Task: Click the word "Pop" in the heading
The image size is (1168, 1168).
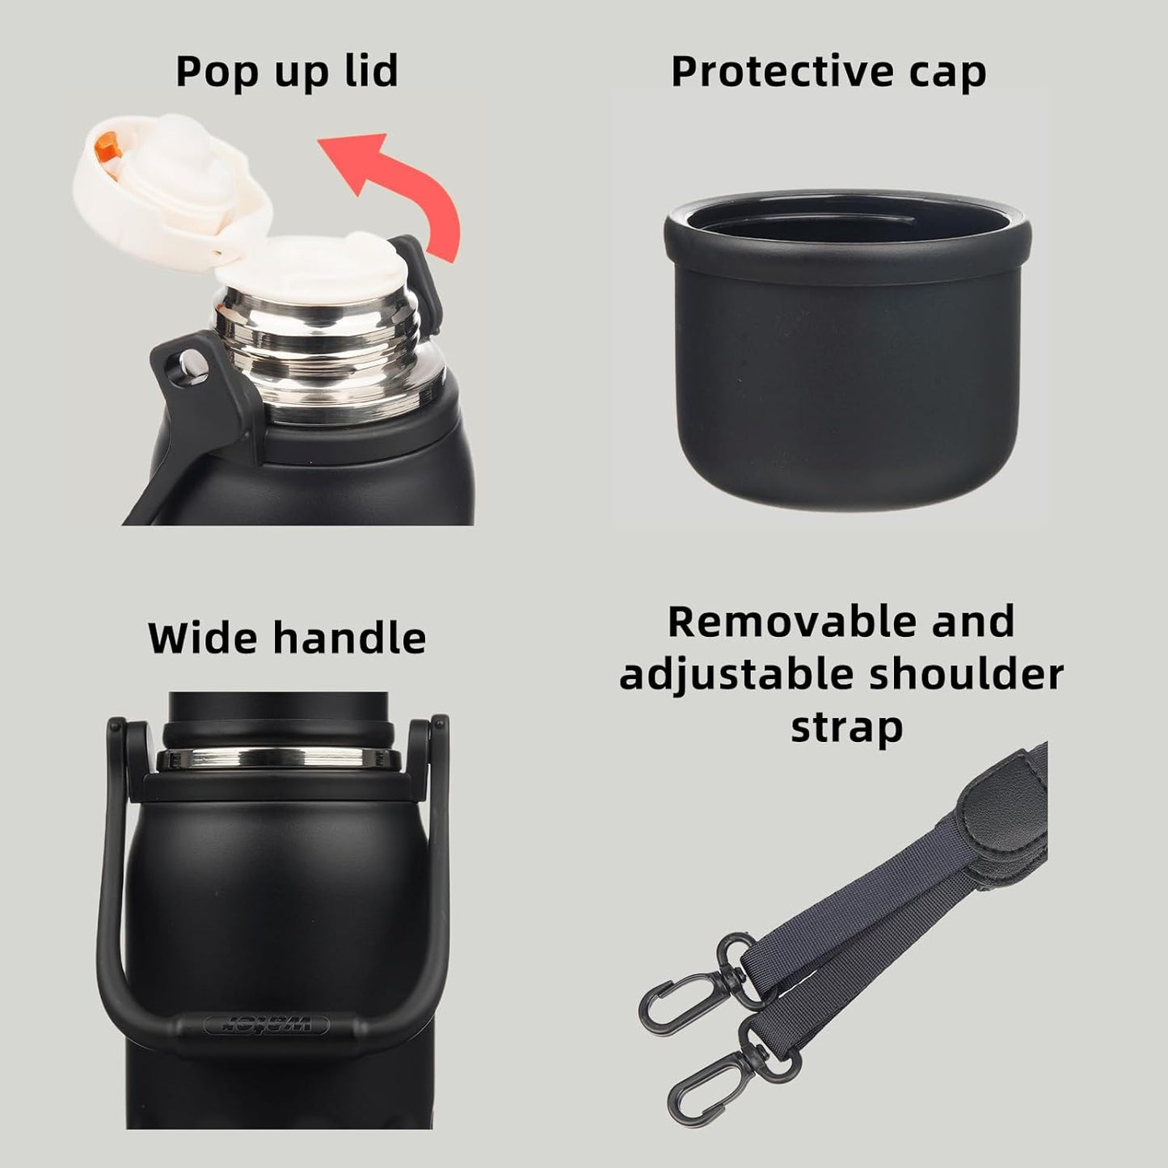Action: tap(213, 72)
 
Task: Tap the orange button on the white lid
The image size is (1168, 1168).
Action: tap(105, 147)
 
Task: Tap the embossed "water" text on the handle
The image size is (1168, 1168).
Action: tap(267, 1025)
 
